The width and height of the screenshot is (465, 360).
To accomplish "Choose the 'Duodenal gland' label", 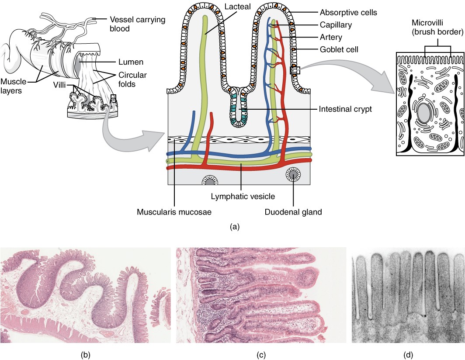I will (x=293, y=213).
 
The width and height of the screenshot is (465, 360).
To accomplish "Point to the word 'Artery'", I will (x=331, y=37).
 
